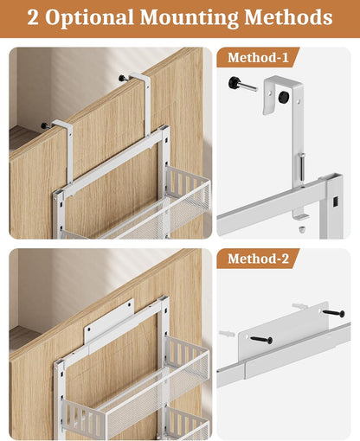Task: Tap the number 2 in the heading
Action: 33,17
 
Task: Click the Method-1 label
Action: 259,58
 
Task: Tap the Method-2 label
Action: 259,259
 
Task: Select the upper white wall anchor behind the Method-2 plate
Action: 299,306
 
